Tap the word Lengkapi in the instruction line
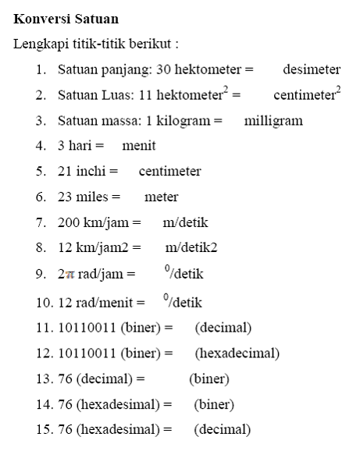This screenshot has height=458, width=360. pyautogui.click(x=37, y=43)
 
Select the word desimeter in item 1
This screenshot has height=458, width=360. pyautogui.click(x=312, y=69)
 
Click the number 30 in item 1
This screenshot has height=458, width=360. pyautogui.click(x=164, y=69)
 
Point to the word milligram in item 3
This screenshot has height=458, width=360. pyautogui.click(x=273, y=121)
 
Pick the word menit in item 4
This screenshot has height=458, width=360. pyautogui.click(x=139, y=146)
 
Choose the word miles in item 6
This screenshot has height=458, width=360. pyautogui.click(x=92, y=197)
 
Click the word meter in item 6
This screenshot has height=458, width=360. pyautogui.click(x=161, y=197)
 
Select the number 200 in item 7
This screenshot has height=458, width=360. pyautogui.click(x=69, y=223)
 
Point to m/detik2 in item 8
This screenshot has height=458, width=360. pyautogui.click(x=191, y=249)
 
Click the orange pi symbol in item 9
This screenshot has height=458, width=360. pyautogui.click(x=70, y=275)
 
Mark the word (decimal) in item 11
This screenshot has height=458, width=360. pyautogui.click(x=223, y=327)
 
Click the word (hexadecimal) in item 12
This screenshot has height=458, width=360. pyautogui.click(x=237, y=353)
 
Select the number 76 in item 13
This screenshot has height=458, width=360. pyautogui.click(x=65, y=378)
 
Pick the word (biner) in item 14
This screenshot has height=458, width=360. pyautogui.click(x=214, y=404)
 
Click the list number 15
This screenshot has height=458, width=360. pyautogui.click(x=42, y=430)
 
